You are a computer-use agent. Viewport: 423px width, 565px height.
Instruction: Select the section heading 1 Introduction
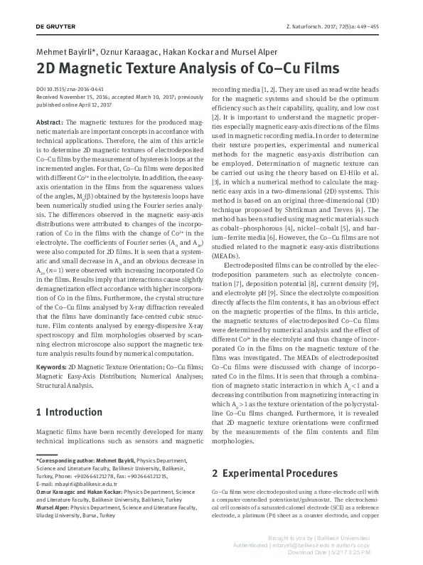(x=69, y=412)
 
